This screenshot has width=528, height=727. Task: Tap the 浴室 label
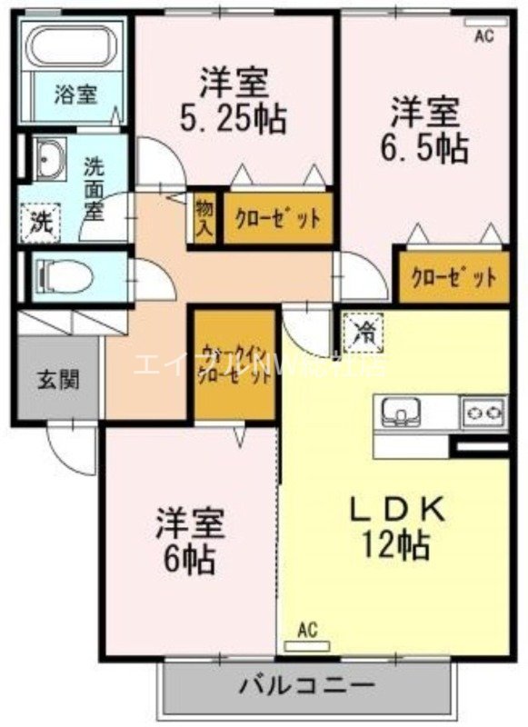point(75,94)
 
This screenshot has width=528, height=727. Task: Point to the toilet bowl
point(64,274)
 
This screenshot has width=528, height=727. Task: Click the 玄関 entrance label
point(57,379)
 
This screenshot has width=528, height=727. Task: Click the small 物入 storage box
point(204,217)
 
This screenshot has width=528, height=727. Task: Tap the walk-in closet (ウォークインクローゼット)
point(234,365)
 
